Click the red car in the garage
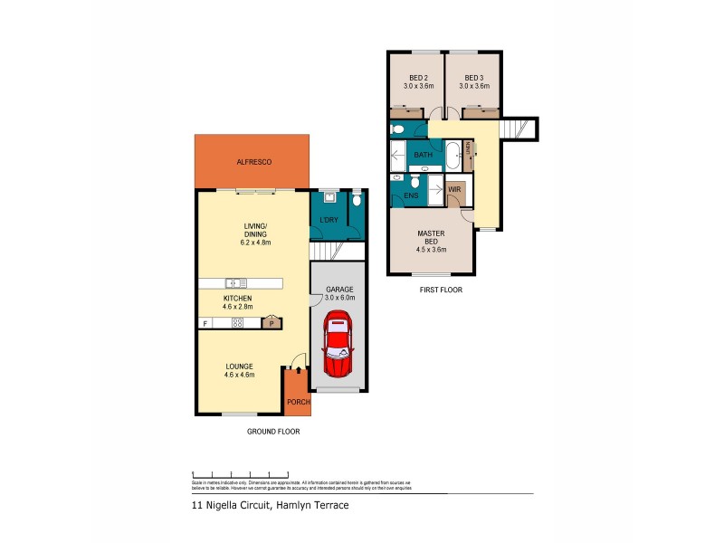tap(338, 344)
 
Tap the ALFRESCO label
tap(254, 162)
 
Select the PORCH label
tap(298, 402)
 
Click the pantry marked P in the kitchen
tap(271, 322)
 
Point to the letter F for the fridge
tap(205, 323)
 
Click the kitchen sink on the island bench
tap(233, 282)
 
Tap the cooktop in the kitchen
tap(237, 323)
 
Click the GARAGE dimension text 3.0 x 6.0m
tap(339, 297)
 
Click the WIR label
tap(454, 189)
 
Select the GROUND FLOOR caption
tap(273, 432)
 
